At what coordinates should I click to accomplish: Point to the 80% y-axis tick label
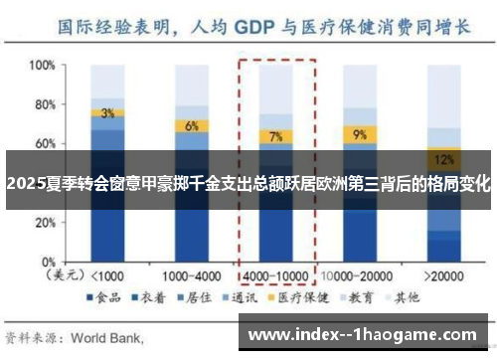click(x=41, y=103)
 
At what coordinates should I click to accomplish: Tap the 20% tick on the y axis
click(x=41, y=222)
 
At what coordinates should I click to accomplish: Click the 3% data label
click(x=107, y=112)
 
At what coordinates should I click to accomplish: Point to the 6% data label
click(x=192, y=125)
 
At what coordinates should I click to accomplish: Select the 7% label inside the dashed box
click(x=275, y=136)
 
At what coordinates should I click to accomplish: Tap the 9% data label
click(x=359, y=133)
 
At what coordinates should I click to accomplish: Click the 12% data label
click(x=443, y=158)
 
